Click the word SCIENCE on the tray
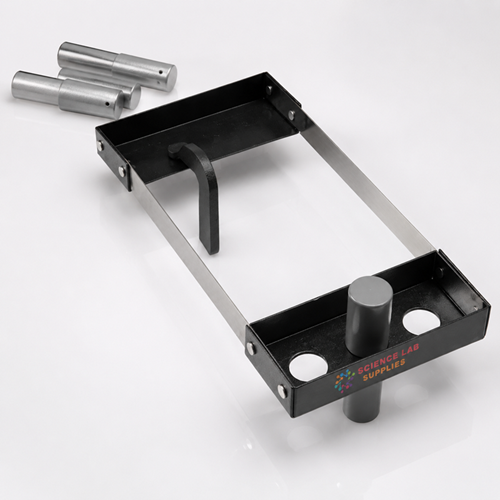[378, 365]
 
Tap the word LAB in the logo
[410, 350]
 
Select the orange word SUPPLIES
[384, 370]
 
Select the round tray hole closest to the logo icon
[308, 367]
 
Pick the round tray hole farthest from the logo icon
[421, 321]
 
